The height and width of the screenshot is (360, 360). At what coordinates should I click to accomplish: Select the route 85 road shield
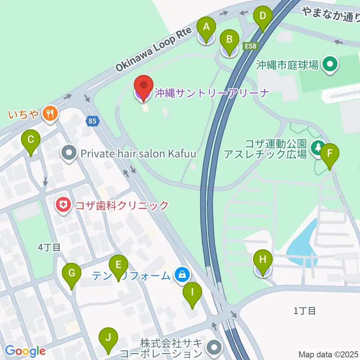(92, 121)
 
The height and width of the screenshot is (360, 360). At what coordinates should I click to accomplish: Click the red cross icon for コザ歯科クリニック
(63, 205)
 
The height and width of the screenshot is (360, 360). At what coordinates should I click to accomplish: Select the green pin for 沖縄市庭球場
(330, 64)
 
